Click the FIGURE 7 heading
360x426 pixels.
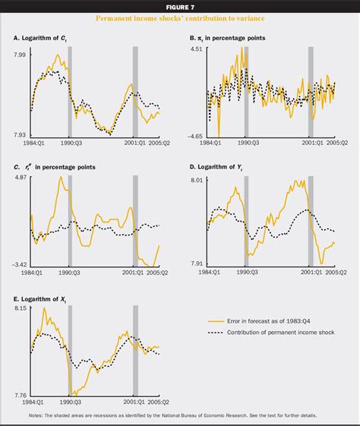pyautogui.click(x=180, y=6)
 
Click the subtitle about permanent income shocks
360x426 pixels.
pyautogui.click(x=180, y=18)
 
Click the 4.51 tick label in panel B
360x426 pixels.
pyautogui.click(x=194, y=49)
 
